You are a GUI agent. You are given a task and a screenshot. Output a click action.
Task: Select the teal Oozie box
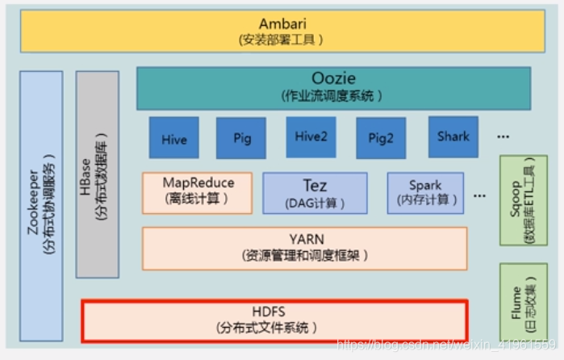(333, 88)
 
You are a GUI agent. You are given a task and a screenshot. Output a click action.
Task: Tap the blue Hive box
(173, 138)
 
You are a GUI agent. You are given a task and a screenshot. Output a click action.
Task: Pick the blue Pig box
(242, 138)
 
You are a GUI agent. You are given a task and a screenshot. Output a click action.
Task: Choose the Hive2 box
(311, 138)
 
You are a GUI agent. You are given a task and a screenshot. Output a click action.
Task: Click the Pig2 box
(381, 138)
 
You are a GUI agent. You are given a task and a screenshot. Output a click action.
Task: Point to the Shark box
(453, 136)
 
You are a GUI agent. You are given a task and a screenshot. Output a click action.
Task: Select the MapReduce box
(197, 192)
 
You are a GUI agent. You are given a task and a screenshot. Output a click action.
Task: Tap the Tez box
(315, 192)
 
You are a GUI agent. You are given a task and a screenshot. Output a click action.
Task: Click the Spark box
(425, 192)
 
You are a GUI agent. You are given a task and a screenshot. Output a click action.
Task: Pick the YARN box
(304, 248)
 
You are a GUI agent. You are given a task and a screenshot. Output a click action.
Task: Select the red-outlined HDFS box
(274, 320)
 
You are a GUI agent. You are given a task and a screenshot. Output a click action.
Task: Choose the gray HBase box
(98, 174)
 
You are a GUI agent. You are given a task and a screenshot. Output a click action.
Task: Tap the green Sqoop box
(524, 199)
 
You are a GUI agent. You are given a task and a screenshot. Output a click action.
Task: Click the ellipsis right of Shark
(503, 137)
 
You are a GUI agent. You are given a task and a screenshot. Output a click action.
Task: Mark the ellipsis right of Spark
(480, 195)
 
